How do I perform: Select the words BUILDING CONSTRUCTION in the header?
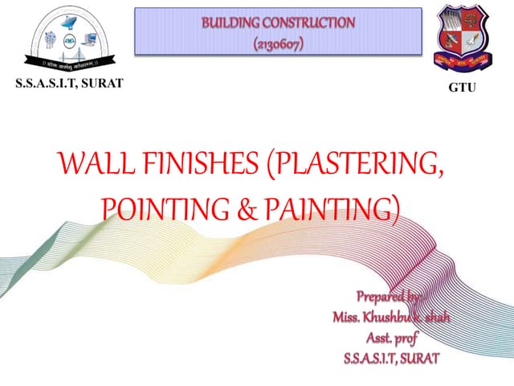276,23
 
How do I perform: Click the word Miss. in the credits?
348,316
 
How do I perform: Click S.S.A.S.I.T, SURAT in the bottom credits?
391,357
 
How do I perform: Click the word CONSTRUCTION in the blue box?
309,23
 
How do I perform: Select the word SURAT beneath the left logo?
100,84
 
